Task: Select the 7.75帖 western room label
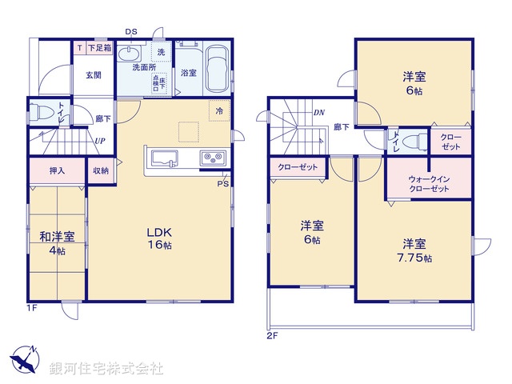414,250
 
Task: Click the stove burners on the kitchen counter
212,157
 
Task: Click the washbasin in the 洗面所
129,54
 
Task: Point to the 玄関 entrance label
94,75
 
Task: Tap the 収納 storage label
100,171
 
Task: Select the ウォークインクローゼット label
428,183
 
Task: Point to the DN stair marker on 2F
318,113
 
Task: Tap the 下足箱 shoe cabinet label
100,48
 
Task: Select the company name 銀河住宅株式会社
106,369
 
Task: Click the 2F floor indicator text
272,335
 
